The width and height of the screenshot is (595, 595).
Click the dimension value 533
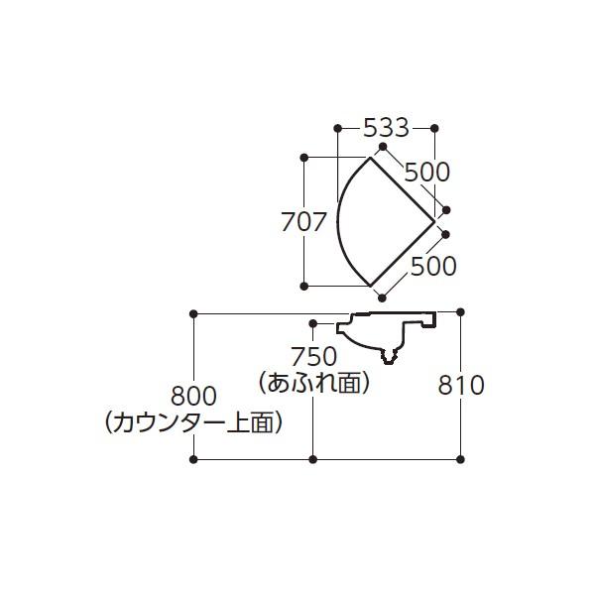(387, 128)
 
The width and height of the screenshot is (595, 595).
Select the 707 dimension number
(303, 221)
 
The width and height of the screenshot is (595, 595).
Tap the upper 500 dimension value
(426, 172)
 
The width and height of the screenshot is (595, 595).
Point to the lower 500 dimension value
(433, 266)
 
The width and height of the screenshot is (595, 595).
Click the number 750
(313, 357)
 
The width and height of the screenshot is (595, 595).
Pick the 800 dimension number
(193, 396)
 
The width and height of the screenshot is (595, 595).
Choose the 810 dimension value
(461, 385)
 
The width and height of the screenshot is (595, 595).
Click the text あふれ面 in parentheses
(313, 382)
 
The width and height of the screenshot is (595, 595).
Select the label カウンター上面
(193, 422)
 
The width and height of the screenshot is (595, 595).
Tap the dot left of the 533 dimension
(338, 128)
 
